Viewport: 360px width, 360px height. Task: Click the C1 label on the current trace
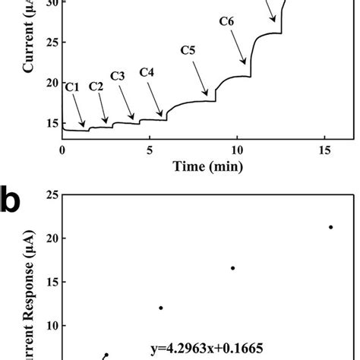click(72, 87)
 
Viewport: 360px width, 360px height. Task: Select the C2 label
click(96, 87)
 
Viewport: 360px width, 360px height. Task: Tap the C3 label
click(118, 76)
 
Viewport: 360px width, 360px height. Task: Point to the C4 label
click(147, 72)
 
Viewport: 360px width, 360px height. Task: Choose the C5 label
click(188, 51)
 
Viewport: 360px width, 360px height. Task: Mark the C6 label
click(226, 21)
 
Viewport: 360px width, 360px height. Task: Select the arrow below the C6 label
click(238, 46)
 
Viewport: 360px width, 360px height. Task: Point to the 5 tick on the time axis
click(150, 150)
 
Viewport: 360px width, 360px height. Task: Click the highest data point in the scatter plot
click(330, 226)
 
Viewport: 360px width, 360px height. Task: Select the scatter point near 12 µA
click(161, 308)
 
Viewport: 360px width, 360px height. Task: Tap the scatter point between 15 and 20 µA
click(232, 267)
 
